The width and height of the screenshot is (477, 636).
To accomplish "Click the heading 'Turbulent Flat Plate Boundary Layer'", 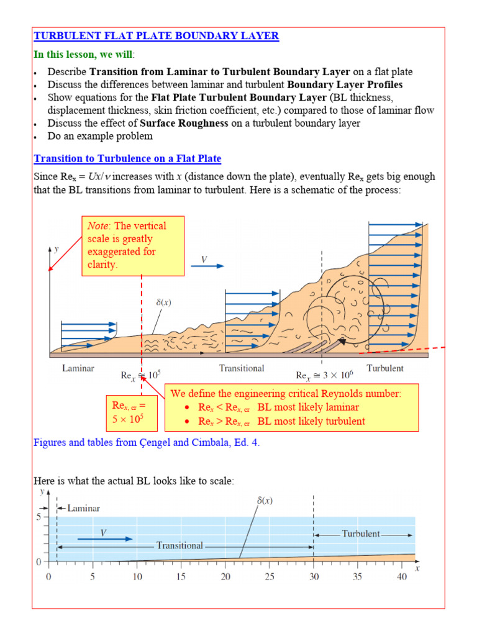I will [156, 36].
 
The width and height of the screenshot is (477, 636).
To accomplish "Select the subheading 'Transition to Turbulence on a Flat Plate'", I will [127, 159].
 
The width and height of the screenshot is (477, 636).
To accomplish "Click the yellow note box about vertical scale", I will [133, 245].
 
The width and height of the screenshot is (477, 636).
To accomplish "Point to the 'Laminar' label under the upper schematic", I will [78, 368].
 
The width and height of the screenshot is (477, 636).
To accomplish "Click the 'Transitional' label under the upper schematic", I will [242, 368].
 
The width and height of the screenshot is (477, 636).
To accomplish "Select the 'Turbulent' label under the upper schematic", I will [384, 368].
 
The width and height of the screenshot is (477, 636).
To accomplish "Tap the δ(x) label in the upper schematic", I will [163, 302].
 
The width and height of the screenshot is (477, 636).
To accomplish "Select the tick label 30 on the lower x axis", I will [314, 577].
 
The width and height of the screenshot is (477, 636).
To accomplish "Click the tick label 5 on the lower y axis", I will [38, 516].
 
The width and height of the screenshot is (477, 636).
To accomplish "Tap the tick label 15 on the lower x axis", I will [181, 577].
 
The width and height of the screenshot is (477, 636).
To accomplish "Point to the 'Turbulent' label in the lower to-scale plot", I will [361, 534].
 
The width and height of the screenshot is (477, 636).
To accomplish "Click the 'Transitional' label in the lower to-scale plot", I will [179, 545].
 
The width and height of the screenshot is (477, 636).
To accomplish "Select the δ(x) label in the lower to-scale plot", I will [265, 499].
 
